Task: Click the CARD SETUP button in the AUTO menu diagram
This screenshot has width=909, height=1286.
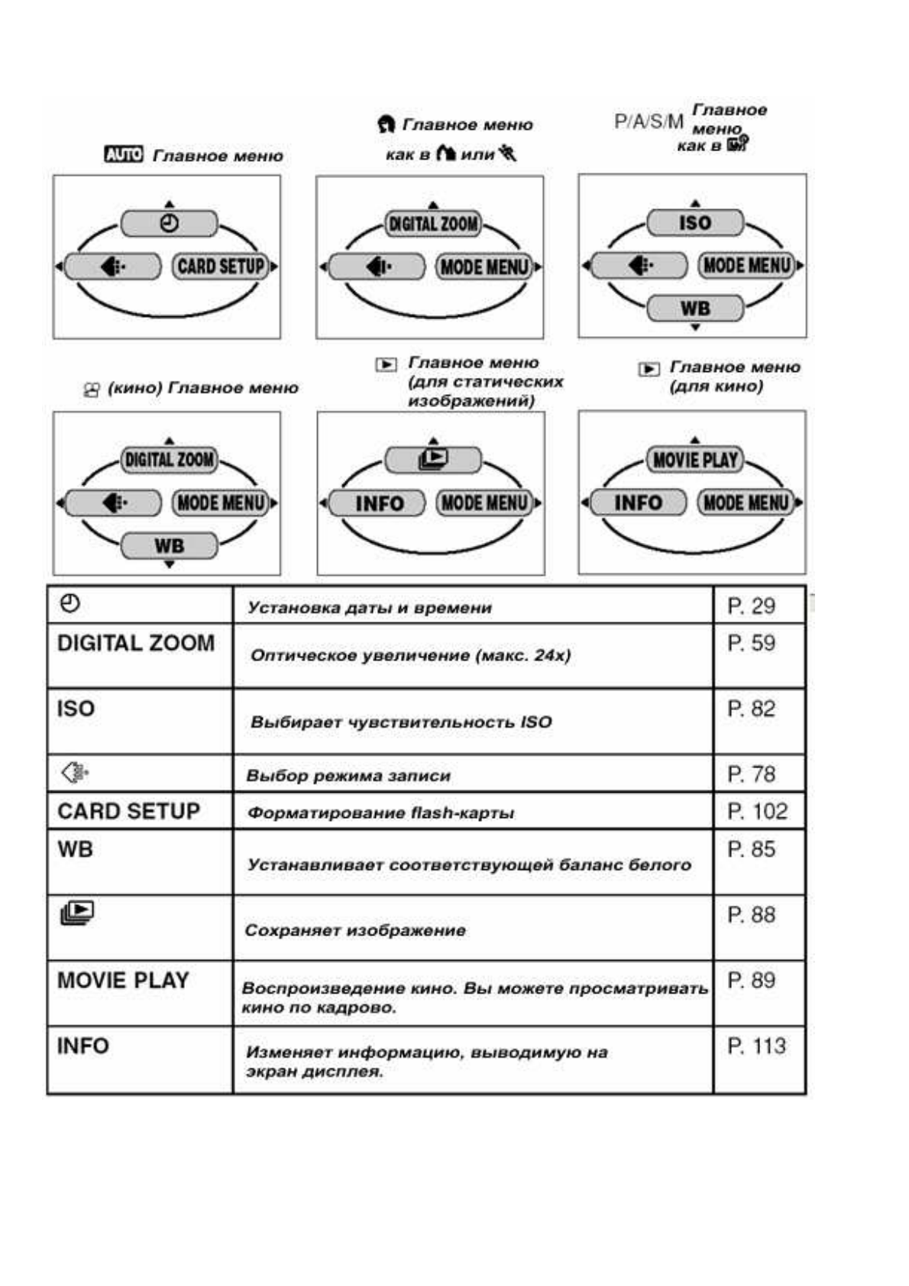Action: click(221, 267)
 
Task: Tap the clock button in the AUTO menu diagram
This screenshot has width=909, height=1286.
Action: click(169, 224)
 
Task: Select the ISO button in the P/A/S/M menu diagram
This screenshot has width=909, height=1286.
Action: click(694, 223)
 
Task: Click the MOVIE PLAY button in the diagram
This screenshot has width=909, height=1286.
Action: click(694, 460)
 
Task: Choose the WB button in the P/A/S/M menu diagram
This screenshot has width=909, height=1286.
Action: click(694, 309)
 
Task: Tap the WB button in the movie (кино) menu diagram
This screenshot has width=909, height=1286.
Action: click(169, 546)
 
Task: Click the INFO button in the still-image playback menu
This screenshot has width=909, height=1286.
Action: click(378, 503)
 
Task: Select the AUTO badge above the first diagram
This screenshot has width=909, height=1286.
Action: click(123, 155)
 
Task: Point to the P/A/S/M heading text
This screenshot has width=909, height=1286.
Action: click(649, 122)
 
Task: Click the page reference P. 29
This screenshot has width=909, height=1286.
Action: click(751, 606)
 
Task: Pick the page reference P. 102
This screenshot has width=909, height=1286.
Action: click(757, 811)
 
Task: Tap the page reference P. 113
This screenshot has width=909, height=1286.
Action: click(756, 1045)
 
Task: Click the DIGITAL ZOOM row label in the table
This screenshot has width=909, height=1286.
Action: click(136, 643)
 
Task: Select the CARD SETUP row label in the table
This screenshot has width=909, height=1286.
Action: click(128, 811)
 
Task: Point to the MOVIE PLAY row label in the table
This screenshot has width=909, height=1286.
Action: click(123, 980)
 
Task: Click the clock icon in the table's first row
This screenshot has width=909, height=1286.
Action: click(70, 604)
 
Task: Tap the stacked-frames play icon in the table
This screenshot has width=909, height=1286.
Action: click(77, 913)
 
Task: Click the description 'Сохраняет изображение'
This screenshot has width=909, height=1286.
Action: click(355, 930)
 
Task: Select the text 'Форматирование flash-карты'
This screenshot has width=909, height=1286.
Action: click(380, 813)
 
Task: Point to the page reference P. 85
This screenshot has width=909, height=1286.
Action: click(751, 849)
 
